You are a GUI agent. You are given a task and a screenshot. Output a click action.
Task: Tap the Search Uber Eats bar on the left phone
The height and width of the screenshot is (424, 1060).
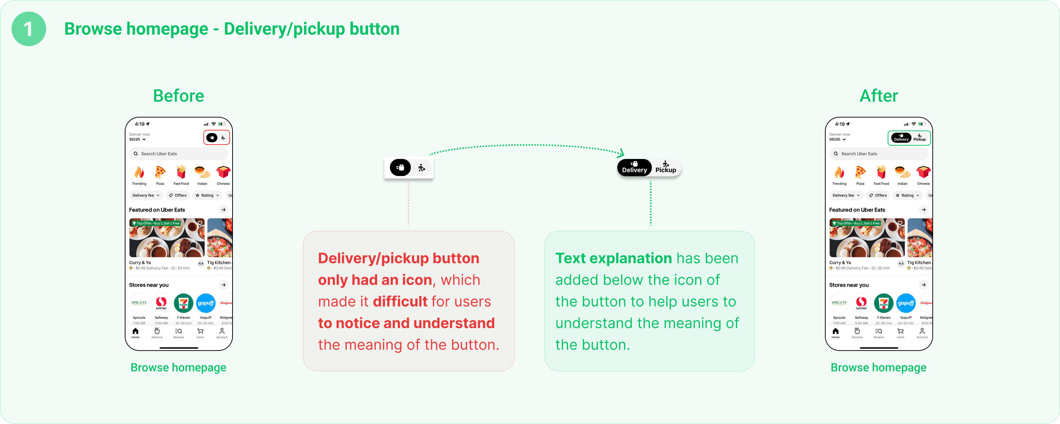tap(178, 154)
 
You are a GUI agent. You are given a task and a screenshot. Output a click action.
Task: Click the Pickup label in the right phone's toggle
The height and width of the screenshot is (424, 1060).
tap(919, 137)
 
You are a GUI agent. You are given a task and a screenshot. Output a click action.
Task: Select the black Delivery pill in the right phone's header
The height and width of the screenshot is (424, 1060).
tap(901, 137)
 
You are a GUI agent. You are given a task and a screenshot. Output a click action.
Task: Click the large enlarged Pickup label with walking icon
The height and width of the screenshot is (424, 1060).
tap(665, 167)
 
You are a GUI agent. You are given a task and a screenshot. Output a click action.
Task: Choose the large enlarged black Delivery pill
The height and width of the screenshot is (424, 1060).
tap(634, 167)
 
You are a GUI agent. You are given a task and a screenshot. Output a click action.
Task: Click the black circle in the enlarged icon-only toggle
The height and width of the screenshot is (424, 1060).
tap(400, 168)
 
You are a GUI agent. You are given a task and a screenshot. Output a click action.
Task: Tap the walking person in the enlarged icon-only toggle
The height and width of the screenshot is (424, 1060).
tap(421, 168)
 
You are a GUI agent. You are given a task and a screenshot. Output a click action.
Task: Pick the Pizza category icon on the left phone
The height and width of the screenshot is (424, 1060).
tap(160, 172)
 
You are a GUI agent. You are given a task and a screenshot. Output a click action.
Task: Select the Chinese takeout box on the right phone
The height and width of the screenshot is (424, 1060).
tap(923, 172)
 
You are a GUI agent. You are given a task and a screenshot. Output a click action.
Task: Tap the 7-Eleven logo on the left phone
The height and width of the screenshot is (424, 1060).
tap(184, 303)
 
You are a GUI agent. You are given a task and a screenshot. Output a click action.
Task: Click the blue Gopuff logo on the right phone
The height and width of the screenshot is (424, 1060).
tap(906, 303)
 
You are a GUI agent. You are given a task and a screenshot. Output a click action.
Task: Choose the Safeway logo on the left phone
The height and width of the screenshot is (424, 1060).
tap(161, 303)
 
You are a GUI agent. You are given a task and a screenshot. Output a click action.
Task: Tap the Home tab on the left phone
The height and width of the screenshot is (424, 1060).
tap(135, 333)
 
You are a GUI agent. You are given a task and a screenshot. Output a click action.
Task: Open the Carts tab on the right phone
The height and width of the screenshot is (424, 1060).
tap(900, 333)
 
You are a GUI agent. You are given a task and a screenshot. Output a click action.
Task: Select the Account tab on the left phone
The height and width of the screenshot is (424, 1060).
tap(222, 333)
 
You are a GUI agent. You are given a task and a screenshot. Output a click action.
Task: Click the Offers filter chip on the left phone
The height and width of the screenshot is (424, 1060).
tap(178, 195)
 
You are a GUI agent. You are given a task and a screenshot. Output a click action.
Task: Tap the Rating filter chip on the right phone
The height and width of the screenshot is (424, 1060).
tap(907, 195)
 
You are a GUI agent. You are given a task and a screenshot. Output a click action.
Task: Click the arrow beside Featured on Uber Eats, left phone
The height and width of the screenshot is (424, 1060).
tap(224, 210)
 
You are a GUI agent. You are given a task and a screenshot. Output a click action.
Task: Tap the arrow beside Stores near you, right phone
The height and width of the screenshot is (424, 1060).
tap(923, 285)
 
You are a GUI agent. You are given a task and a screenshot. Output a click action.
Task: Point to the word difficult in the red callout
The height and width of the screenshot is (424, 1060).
tap(400, 302)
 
